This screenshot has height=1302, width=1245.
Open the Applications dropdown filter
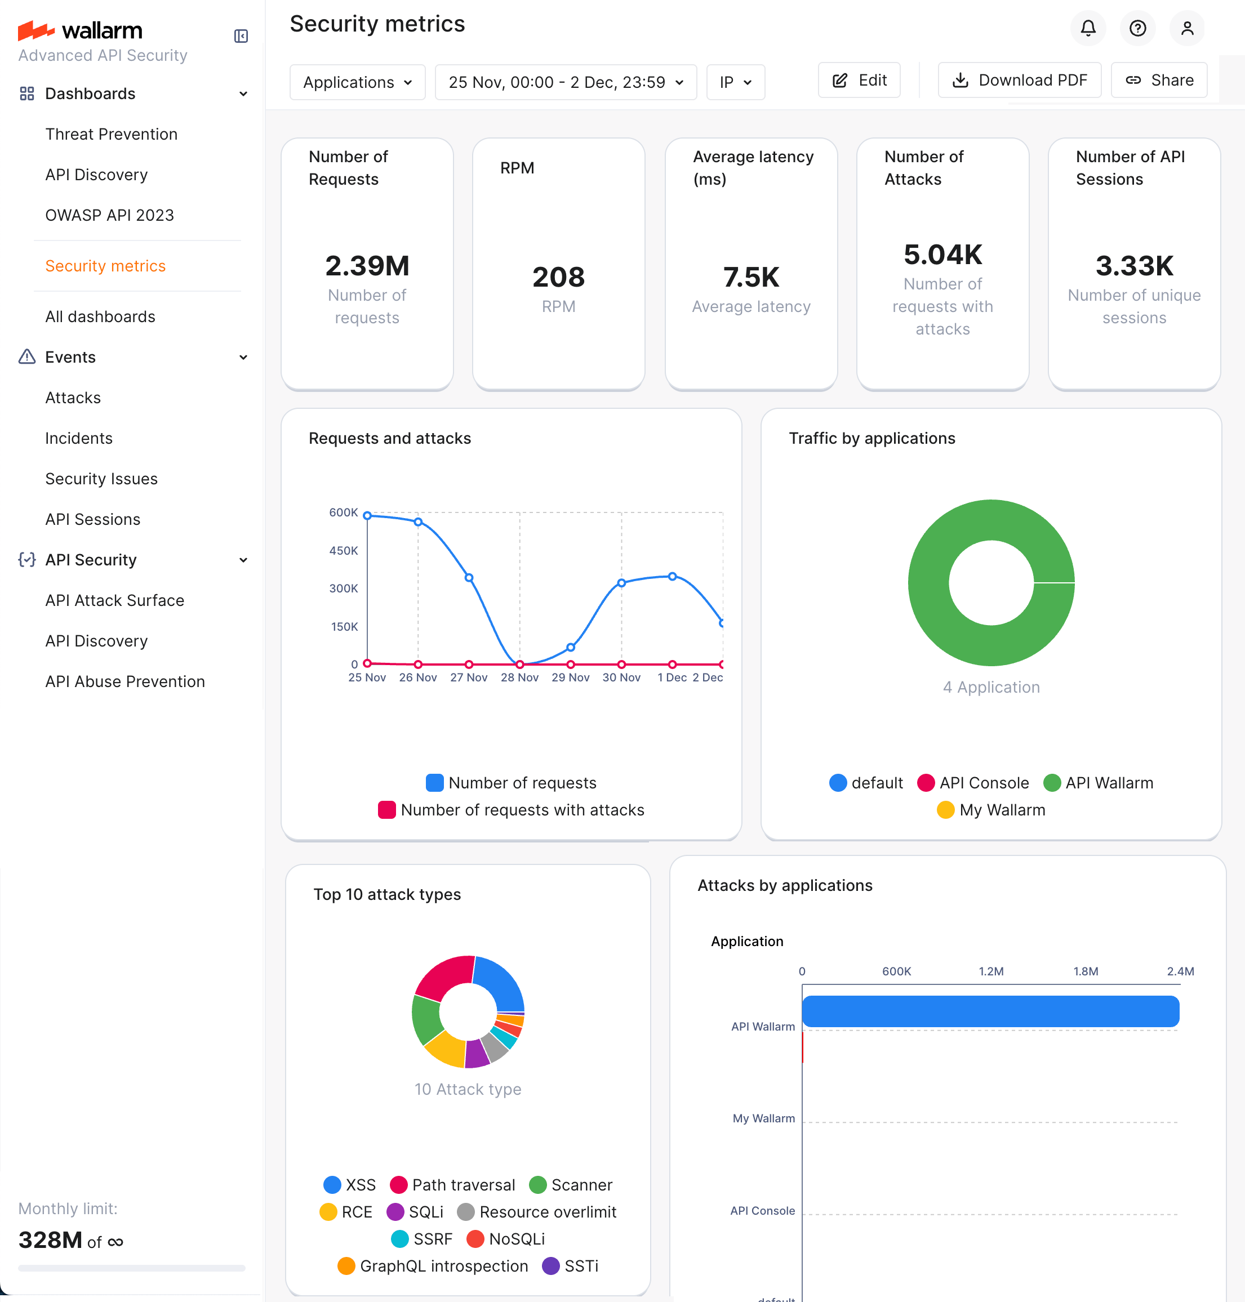pos(357,82)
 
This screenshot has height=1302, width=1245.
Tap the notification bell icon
pos(1088,28)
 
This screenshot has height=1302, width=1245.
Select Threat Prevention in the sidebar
pos(111,134)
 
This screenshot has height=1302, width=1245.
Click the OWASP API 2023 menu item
pos(109,215)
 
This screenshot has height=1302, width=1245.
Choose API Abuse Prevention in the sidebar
pos(124,681)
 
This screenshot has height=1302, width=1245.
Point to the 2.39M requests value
pos(367,266)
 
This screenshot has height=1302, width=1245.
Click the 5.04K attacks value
pos(942,255)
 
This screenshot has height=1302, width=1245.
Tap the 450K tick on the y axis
pos(343,551)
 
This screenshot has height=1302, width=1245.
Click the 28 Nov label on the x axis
pos(519,677)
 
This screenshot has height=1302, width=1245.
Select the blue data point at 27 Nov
pos(469,578)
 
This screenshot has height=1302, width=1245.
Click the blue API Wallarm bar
pos(990,1011)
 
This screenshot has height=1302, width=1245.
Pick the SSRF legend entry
pos(422,1239)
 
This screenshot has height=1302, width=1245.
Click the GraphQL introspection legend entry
pos(433,1266)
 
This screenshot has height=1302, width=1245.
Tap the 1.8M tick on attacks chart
pos(1085,971)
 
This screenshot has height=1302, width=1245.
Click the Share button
pos(1159,81)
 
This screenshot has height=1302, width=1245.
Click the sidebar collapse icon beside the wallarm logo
pos(241,36)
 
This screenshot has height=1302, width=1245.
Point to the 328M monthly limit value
pos(51,1239)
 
